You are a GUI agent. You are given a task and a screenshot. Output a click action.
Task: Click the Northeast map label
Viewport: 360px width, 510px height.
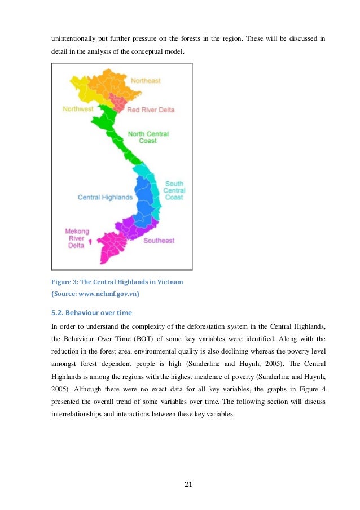click(x=145, y=81)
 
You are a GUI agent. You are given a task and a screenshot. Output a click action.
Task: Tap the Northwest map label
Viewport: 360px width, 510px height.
click(x=78, y=108)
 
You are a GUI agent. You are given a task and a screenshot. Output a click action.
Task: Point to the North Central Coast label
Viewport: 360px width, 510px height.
click(x=148, y=137)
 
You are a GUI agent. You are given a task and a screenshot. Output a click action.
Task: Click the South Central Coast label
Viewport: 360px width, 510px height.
click(x=174, y=190)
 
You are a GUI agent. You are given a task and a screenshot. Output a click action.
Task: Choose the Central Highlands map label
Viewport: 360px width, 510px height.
click(x=105, y=198)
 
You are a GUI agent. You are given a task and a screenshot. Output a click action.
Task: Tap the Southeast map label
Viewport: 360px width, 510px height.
click(x=159, y=241)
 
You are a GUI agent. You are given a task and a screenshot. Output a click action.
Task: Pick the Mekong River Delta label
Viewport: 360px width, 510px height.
click(x=77, y=238)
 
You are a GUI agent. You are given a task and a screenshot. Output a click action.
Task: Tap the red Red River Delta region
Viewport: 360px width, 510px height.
click(x=118, y=103)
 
